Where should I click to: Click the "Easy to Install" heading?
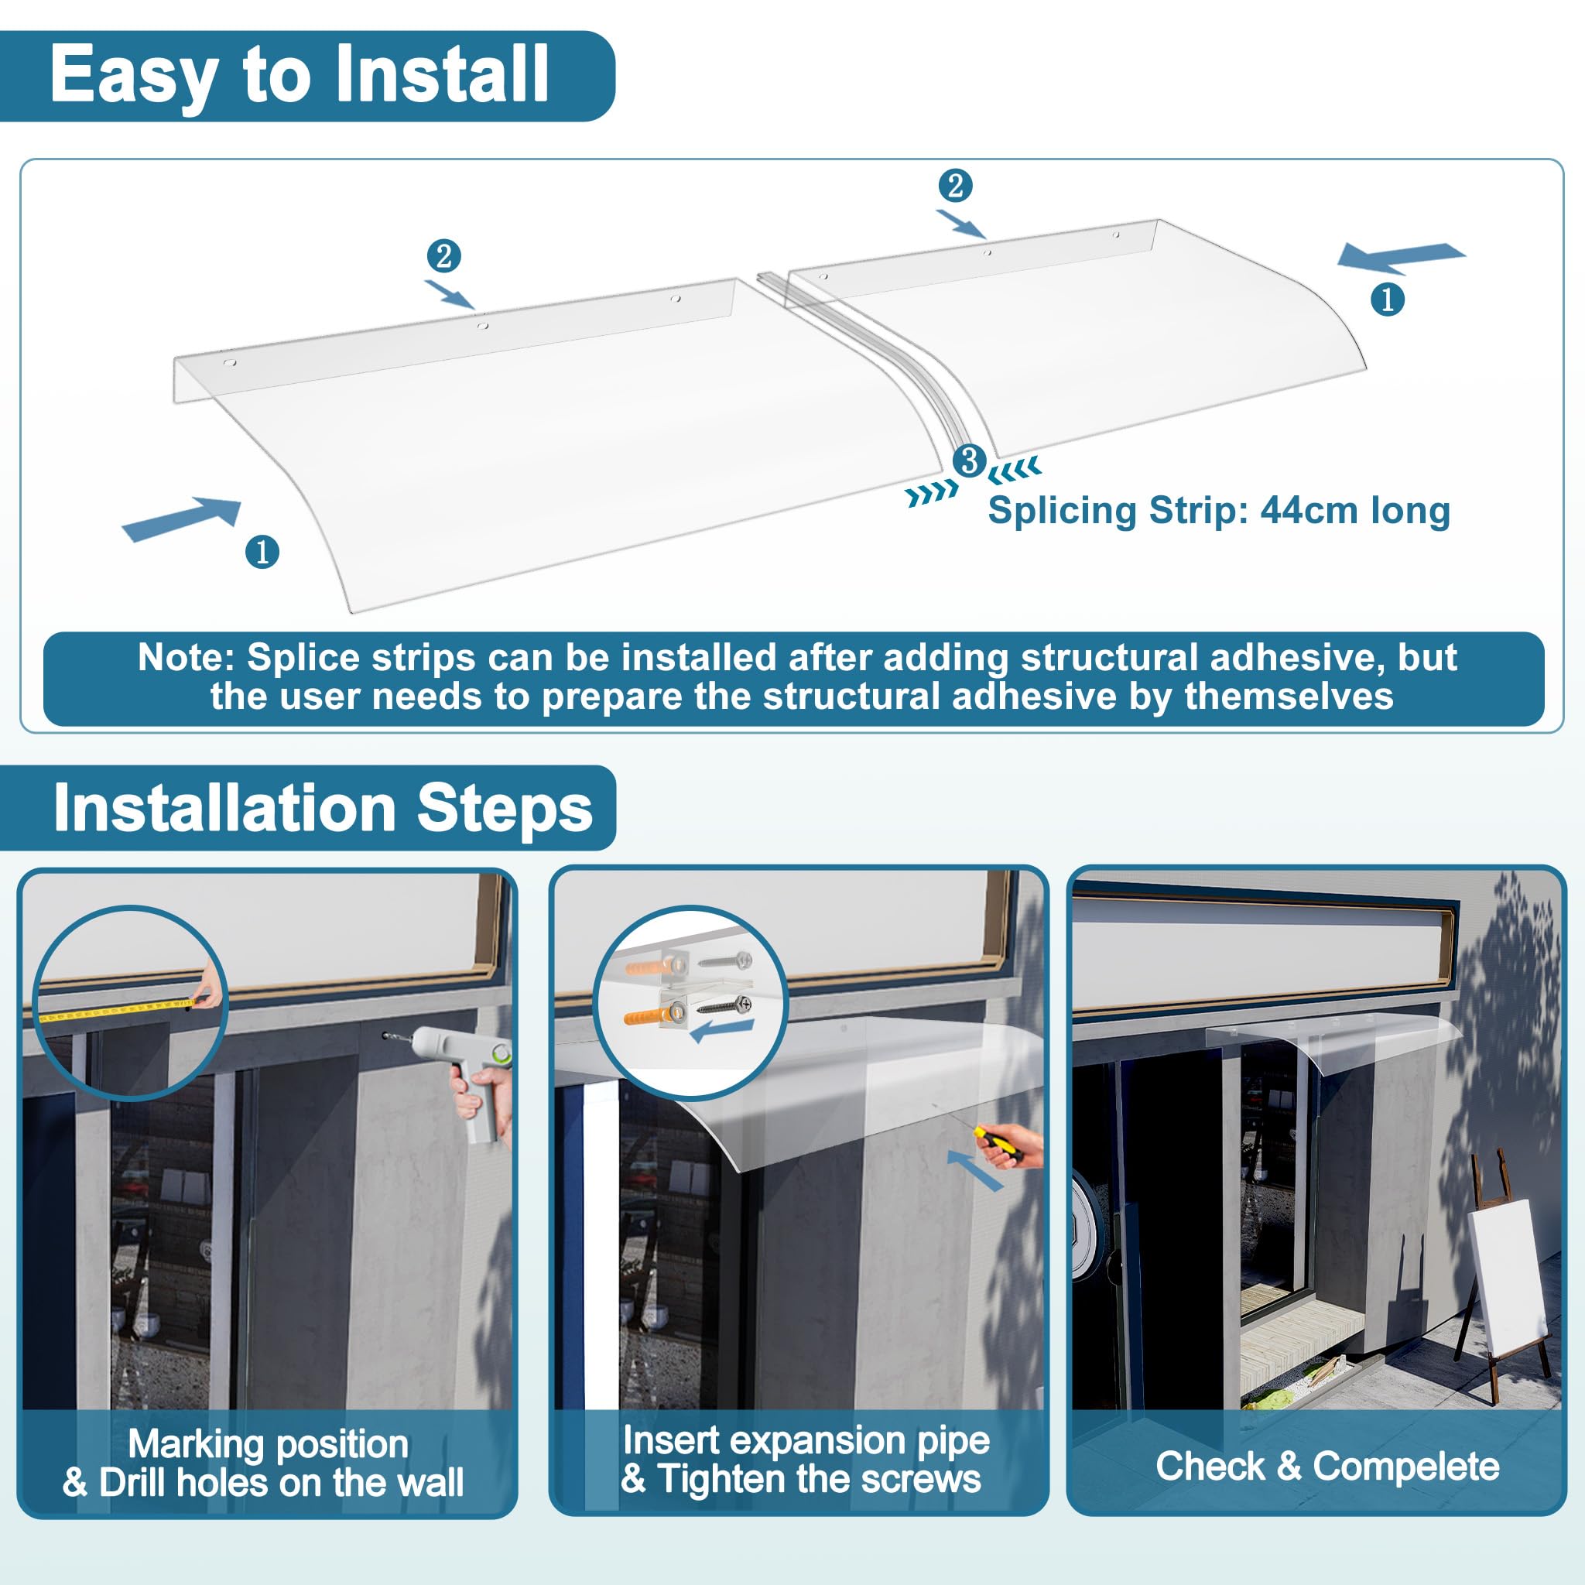click(x=300, y=76)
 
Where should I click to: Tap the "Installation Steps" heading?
click(x=324, y=808)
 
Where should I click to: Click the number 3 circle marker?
click(x=970, y=460)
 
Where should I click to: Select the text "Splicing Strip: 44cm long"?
click(x=1219, y=510)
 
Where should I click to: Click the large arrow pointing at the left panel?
click(x=182, y=519)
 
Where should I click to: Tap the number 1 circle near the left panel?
click(x=262, y=551)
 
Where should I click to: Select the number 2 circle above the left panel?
click(x=443, y=256)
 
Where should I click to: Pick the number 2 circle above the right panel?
click(x=956, y=186)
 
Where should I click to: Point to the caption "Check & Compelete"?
click(x=1327, y=1466)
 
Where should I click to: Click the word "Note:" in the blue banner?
click(x=187, y=657)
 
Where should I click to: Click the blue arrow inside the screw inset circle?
click(x=722, y=1031)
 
